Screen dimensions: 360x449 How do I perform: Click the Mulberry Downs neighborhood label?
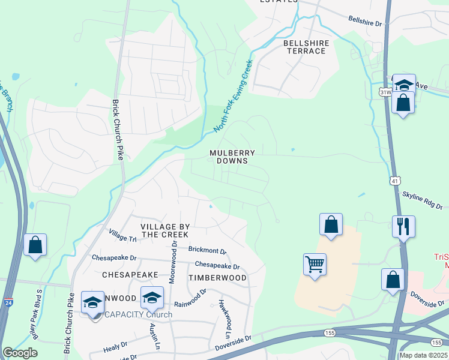232,157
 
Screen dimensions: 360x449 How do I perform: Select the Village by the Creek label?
165,230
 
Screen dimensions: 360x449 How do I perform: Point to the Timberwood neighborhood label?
217,278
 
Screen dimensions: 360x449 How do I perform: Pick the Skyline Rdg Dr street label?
421,200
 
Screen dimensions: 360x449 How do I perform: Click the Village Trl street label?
122,235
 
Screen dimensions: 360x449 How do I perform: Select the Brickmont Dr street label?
206,251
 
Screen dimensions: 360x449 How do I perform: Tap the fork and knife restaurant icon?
403,227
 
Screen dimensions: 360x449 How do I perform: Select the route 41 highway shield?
397,180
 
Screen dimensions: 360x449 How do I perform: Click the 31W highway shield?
385,92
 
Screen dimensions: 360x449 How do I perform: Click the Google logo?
20,353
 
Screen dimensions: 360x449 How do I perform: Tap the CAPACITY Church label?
138,314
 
